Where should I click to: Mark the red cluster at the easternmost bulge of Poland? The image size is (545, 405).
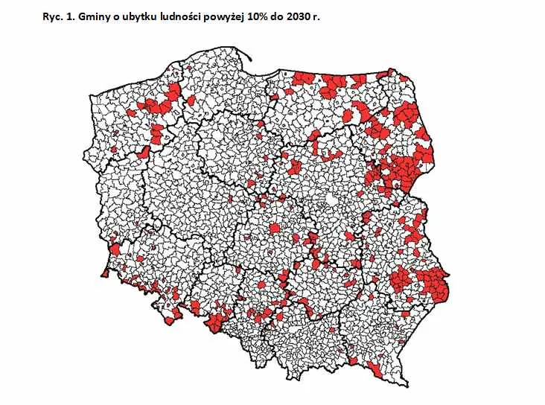(x=433, y=281)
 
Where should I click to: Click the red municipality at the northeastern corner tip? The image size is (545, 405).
(x=390, y=72)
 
